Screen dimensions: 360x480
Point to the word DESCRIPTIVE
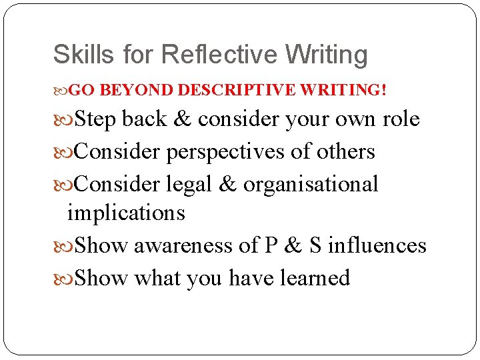237,90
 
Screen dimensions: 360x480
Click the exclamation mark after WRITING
383,90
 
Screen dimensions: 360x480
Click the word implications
126,213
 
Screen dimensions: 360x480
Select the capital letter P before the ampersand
271,246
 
